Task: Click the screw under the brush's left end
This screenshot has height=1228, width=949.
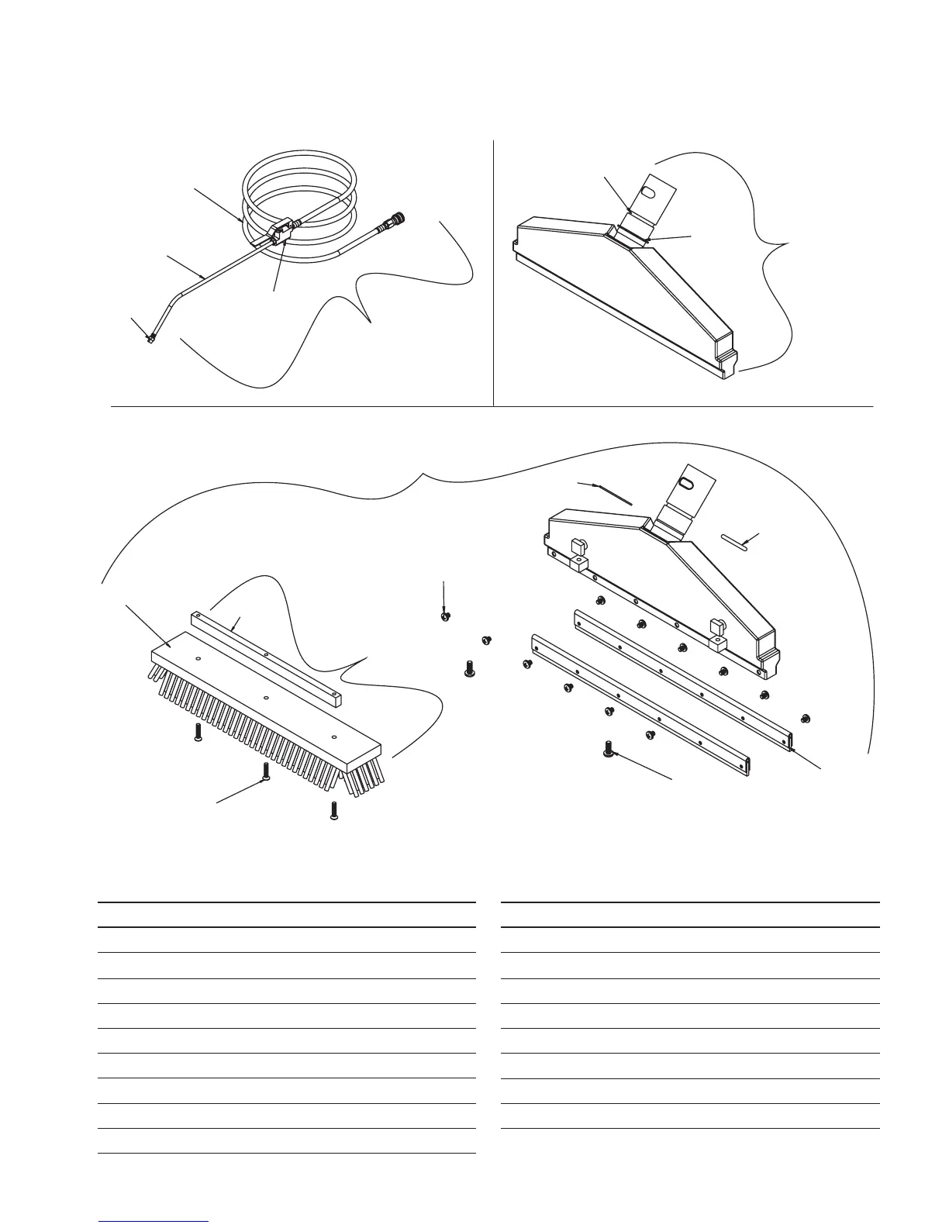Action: click(x=197, y=733)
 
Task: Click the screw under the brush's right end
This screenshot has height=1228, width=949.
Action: click(x=334, y=811)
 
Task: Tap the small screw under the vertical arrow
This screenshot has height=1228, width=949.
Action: click(x=445, y=616)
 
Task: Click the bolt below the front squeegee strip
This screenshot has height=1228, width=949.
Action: click(x=609, y=749)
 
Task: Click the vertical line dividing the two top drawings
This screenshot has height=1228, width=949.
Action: click(x=494, y=271)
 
